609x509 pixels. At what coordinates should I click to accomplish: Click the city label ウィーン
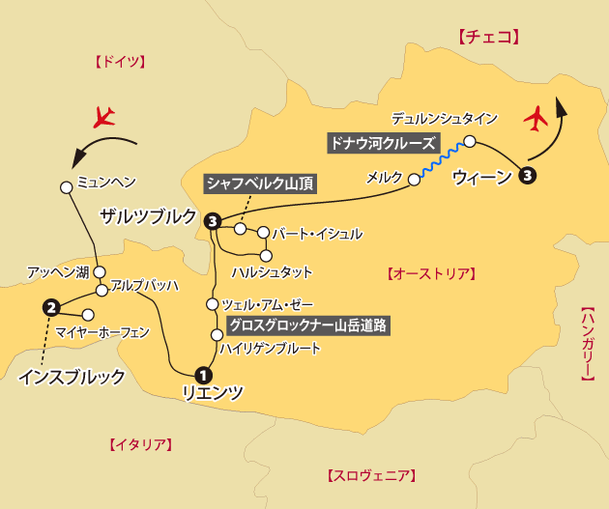(x=480, y=177)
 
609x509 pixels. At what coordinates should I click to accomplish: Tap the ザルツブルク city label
(x=147, y=216)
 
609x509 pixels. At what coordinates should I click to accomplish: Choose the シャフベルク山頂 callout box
(x=259, y=184)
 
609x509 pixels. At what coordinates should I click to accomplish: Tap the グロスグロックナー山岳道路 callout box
(x=307, y=325)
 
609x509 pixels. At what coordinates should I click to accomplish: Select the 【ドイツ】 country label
(x=119, y=62)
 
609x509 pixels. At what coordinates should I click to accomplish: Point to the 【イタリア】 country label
(x=136, y=444)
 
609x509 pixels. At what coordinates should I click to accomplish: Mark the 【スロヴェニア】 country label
(x=371, y=475)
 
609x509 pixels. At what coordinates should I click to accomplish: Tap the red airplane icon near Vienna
(x=535, y=120)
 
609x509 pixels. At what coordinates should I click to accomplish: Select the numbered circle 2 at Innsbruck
(x=52, y=308)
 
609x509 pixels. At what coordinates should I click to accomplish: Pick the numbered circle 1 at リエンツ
(x=203, y=375)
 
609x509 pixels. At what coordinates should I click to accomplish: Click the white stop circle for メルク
(x=415, y=179)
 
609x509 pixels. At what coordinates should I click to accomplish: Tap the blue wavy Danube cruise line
(x=442, y=159)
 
